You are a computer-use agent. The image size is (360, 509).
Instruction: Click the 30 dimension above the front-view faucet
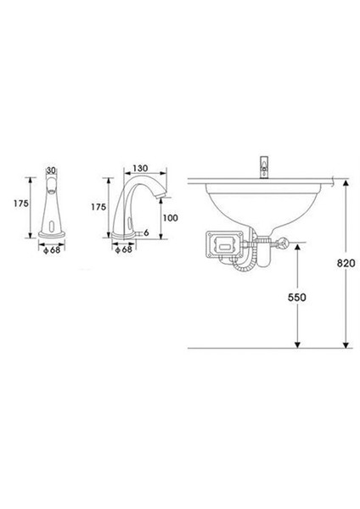[x=51, y=171]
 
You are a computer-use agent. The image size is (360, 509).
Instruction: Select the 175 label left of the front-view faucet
[x=20, y=204]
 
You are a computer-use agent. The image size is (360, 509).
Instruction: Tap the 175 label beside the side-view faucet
[x=98, y=207]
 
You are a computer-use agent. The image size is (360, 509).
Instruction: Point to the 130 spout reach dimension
[x=140, y=169]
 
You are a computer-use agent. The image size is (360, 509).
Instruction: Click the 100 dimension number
[x=171, y=218]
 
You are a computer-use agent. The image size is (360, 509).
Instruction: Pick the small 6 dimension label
[x=146, y=232]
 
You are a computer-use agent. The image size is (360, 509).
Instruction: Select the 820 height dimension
[x=346, y=263]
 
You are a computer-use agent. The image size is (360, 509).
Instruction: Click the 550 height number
[x=296, y=298]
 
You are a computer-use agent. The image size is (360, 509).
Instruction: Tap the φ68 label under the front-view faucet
[x=52, y=250]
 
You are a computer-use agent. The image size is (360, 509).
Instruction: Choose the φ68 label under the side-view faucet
[x=124, y=249]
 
